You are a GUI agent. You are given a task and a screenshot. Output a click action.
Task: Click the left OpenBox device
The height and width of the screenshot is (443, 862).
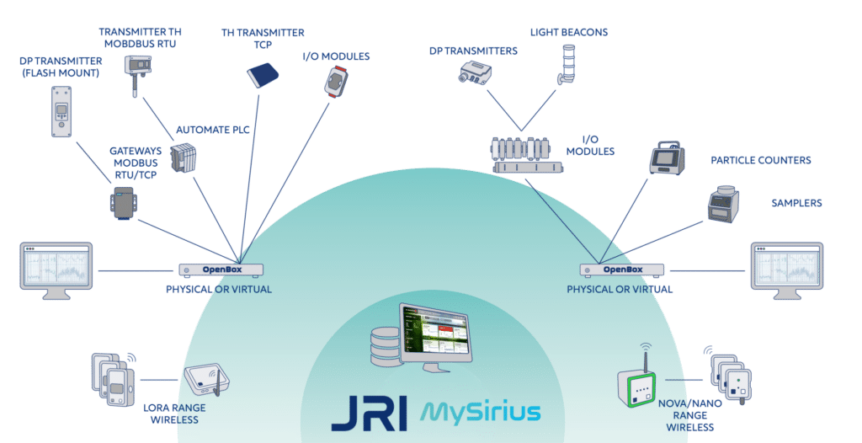click(221, 270)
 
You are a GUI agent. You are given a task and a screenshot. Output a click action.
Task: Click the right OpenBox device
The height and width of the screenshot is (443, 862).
click(622, 270)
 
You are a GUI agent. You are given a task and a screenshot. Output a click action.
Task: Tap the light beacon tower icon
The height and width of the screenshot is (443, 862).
click(567, 64)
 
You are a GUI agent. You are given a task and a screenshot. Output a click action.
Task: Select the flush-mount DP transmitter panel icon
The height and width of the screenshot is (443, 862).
click(61, 111)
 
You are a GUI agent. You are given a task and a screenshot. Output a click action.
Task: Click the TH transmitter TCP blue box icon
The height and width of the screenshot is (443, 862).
click(263, 75)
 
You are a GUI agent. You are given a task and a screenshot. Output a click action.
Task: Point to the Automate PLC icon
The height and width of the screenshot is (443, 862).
click(183, 157)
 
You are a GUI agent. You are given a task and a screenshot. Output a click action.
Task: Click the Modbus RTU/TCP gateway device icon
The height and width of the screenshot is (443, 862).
click(123, 203)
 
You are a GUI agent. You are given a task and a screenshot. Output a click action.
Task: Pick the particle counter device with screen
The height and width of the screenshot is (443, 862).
click(667, 158)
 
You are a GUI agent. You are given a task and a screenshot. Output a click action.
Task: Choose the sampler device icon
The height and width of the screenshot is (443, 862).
click(722, 204)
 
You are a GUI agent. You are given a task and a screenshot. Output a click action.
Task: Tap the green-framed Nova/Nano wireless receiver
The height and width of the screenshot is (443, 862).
click(637, 384)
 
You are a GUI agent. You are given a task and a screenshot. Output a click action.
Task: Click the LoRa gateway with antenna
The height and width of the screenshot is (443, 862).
click(206, 379)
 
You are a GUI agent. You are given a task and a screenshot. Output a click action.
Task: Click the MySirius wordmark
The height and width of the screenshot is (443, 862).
click(481, 412)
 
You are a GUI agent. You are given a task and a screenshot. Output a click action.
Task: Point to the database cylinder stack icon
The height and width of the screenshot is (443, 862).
click(385, 347)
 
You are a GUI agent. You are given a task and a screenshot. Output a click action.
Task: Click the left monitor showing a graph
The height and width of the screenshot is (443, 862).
click(56, 270)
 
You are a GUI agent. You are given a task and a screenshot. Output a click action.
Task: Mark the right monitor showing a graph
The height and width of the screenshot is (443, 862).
click(787, 270)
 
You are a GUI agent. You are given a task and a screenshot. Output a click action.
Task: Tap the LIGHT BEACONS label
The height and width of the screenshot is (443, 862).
click(569, 33)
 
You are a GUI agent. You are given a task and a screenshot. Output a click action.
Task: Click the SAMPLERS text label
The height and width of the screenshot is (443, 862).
click(796, 203)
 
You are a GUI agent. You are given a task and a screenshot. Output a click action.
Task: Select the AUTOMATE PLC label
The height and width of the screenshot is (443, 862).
click(213, 130)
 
